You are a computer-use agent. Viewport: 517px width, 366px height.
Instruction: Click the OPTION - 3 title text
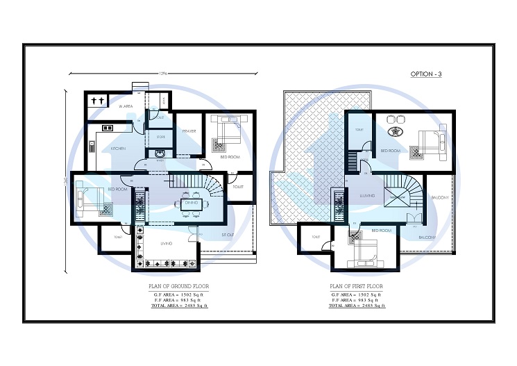426,74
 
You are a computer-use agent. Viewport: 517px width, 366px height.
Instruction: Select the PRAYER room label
189,131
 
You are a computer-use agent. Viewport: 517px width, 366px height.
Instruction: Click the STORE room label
160,137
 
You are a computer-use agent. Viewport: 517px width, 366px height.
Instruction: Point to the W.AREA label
126,106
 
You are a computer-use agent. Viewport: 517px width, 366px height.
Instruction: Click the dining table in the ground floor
191,203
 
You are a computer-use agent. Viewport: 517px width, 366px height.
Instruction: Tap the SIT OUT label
227,235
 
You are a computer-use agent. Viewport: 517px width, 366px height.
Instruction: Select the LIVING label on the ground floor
166,244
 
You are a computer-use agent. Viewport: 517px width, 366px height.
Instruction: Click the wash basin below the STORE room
160,154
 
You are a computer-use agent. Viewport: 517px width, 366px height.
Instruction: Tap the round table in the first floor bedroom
398,131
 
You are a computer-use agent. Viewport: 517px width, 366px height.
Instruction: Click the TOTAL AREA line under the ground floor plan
179,306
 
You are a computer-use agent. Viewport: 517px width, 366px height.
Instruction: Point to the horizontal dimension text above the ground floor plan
164,72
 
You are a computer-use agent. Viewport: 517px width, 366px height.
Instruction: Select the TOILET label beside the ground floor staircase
238,187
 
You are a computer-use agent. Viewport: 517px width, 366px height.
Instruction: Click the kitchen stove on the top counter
108,128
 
